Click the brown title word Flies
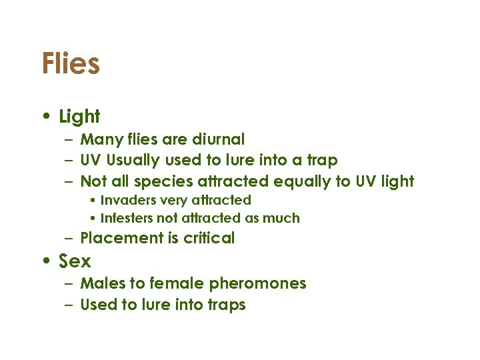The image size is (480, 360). point(71,64)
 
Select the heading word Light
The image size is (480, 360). point(79,117)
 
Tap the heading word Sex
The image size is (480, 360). point(75,261)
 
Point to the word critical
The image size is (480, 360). point(207,238)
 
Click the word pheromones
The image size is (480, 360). point(257,283)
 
